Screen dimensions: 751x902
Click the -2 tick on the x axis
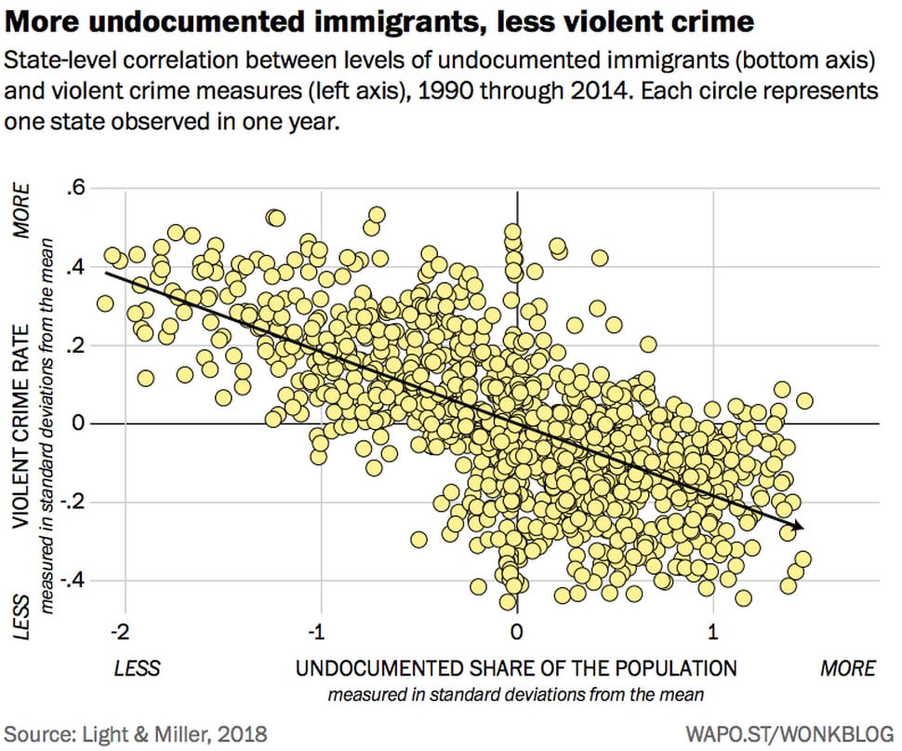pos(120,632)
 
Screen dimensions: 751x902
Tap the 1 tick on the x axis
pos(713,632)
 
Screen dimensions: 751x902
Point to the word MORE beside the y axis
pos(20,212)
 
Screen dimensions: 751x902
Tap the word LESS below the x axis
pos(137,668)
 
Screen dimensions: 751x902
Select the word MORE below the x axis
pos(847,668)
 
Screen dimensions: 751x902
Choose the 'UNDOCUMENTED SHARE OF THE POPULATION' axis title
pos(516,668)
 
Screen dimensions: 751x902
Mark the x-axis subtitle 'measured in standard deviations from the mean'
pos(516,694)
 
